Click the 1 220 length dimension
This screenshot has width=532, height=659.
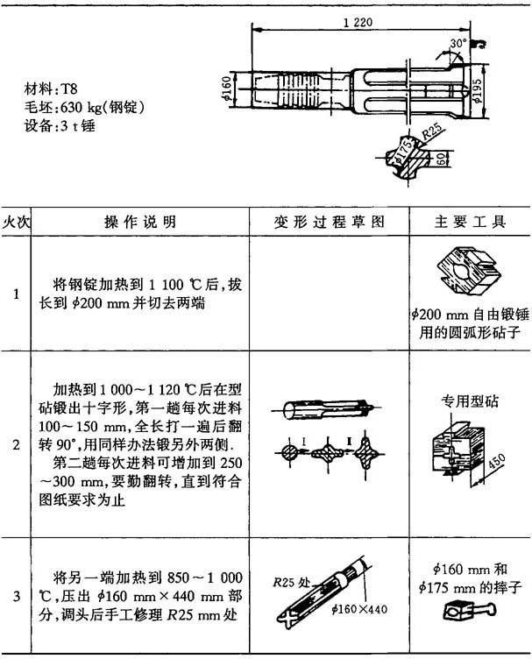[x=358, y=22]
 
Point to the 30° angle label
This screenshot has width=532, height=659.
[x=458, y=44]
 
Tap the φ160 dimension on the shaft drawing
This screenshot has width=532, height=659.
[x=226, y=89]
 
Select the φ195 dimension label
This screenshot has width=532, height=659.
[x=477, y=91]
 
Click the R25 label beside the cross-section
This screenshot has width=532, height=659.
[x=432, y=131]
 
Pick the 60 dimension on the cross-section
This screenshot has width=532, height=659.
[x=440, y=159]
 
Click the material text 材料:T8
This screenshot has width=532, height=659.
[x=51, y=89]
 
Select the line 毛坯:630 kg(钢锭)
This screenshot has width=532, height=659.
[x=84, y=108]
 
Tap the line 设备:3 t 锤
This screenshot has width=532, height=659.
[x=60, y=125]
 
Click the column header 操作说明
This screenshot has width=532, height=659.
[x=140, y=222]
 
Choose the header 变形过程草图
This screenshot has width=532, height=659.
[x=330, y=222]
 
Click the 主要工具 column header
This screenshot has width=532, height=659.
[x=470, y=222]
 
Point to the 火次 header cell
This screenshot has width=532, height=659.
[x=16, y=222]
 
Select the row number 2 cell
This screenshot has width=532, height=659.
[x=16, y=444]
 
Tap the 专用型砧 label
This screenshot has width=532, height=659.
[x=469, y=401]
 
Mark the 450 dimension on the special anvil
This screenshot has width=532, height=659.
[x=496, y=464]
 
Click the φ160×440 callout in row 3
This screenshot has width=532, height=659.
[x=359, y=608]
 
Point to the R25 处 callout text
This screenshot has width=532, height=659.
[x=291, y=582]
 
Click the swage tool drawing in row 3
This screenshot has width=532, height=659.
[x=470, y=612]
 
